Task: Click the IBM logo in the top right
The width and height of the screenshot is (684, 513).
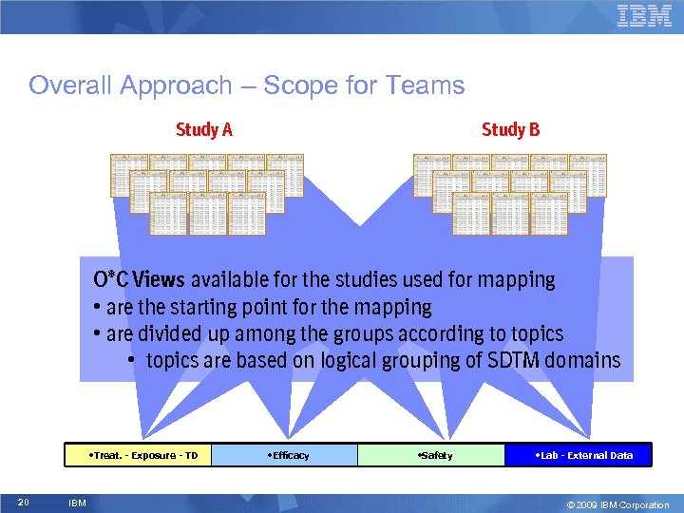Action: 644,16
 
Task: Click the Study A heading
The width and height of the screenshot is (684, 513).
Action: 203,129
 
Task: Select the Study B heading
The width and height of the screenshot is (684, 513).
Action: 510,129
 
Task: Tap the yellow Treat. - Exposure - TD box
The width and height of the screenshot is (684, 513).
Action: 138,455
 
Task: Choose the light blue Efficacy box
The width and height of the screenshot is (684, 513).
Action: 284,455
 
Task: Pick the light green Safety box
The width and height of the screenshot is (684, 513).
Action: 430,455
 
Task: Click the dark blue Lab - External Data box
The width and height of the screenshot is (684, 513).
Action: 578,455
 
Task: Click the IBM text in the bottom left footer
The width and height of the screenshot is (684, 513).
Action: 77,503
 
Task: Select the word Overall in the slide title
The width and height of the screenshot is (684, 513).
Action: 71,85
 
